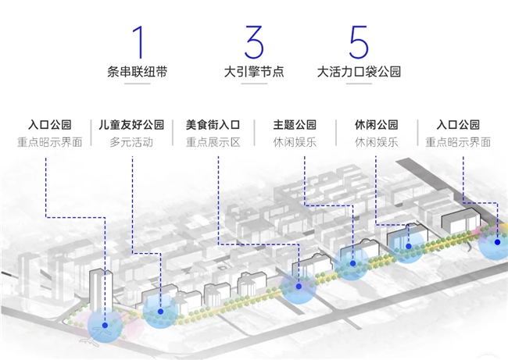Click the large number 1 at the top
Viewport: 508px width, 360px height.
click(138, 42)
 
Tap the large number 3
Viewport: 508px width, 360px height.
click(253, 42)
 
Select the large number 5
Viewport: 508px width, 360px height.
click(359, 42)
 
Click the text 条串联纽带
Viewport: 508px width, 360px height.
click(138, 73)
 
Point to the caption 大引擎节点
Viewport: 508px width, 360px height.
click(253, 73)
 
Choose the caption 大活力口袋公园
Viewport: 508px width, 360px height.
click(359, 73)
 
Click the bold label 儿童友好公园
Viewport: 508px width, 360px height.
click(131, 125)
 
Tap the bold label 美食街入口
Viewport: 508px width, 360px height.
click(213, 125)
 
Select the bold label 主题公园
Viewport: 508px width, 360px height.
click(295, 125)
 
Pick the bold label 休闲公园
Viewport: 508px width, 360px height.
click(376, 125)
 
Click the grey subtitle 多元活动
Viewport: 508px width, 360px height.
click(131, 143)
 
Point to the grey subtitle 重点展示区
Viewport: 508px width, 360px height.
click(213, 143)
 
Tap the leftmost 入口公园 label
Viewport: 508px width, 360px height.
click(49, 125)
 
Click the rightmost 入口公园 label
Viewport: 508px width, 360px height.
click(458, 125)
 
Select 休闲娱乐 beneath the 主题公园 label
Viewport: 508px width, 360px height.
click(295, 143)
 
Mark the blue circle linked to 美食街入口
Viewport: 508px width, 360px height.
click(299, 287)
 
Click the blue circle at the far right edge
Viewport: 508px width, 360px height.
click(495, 244)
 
